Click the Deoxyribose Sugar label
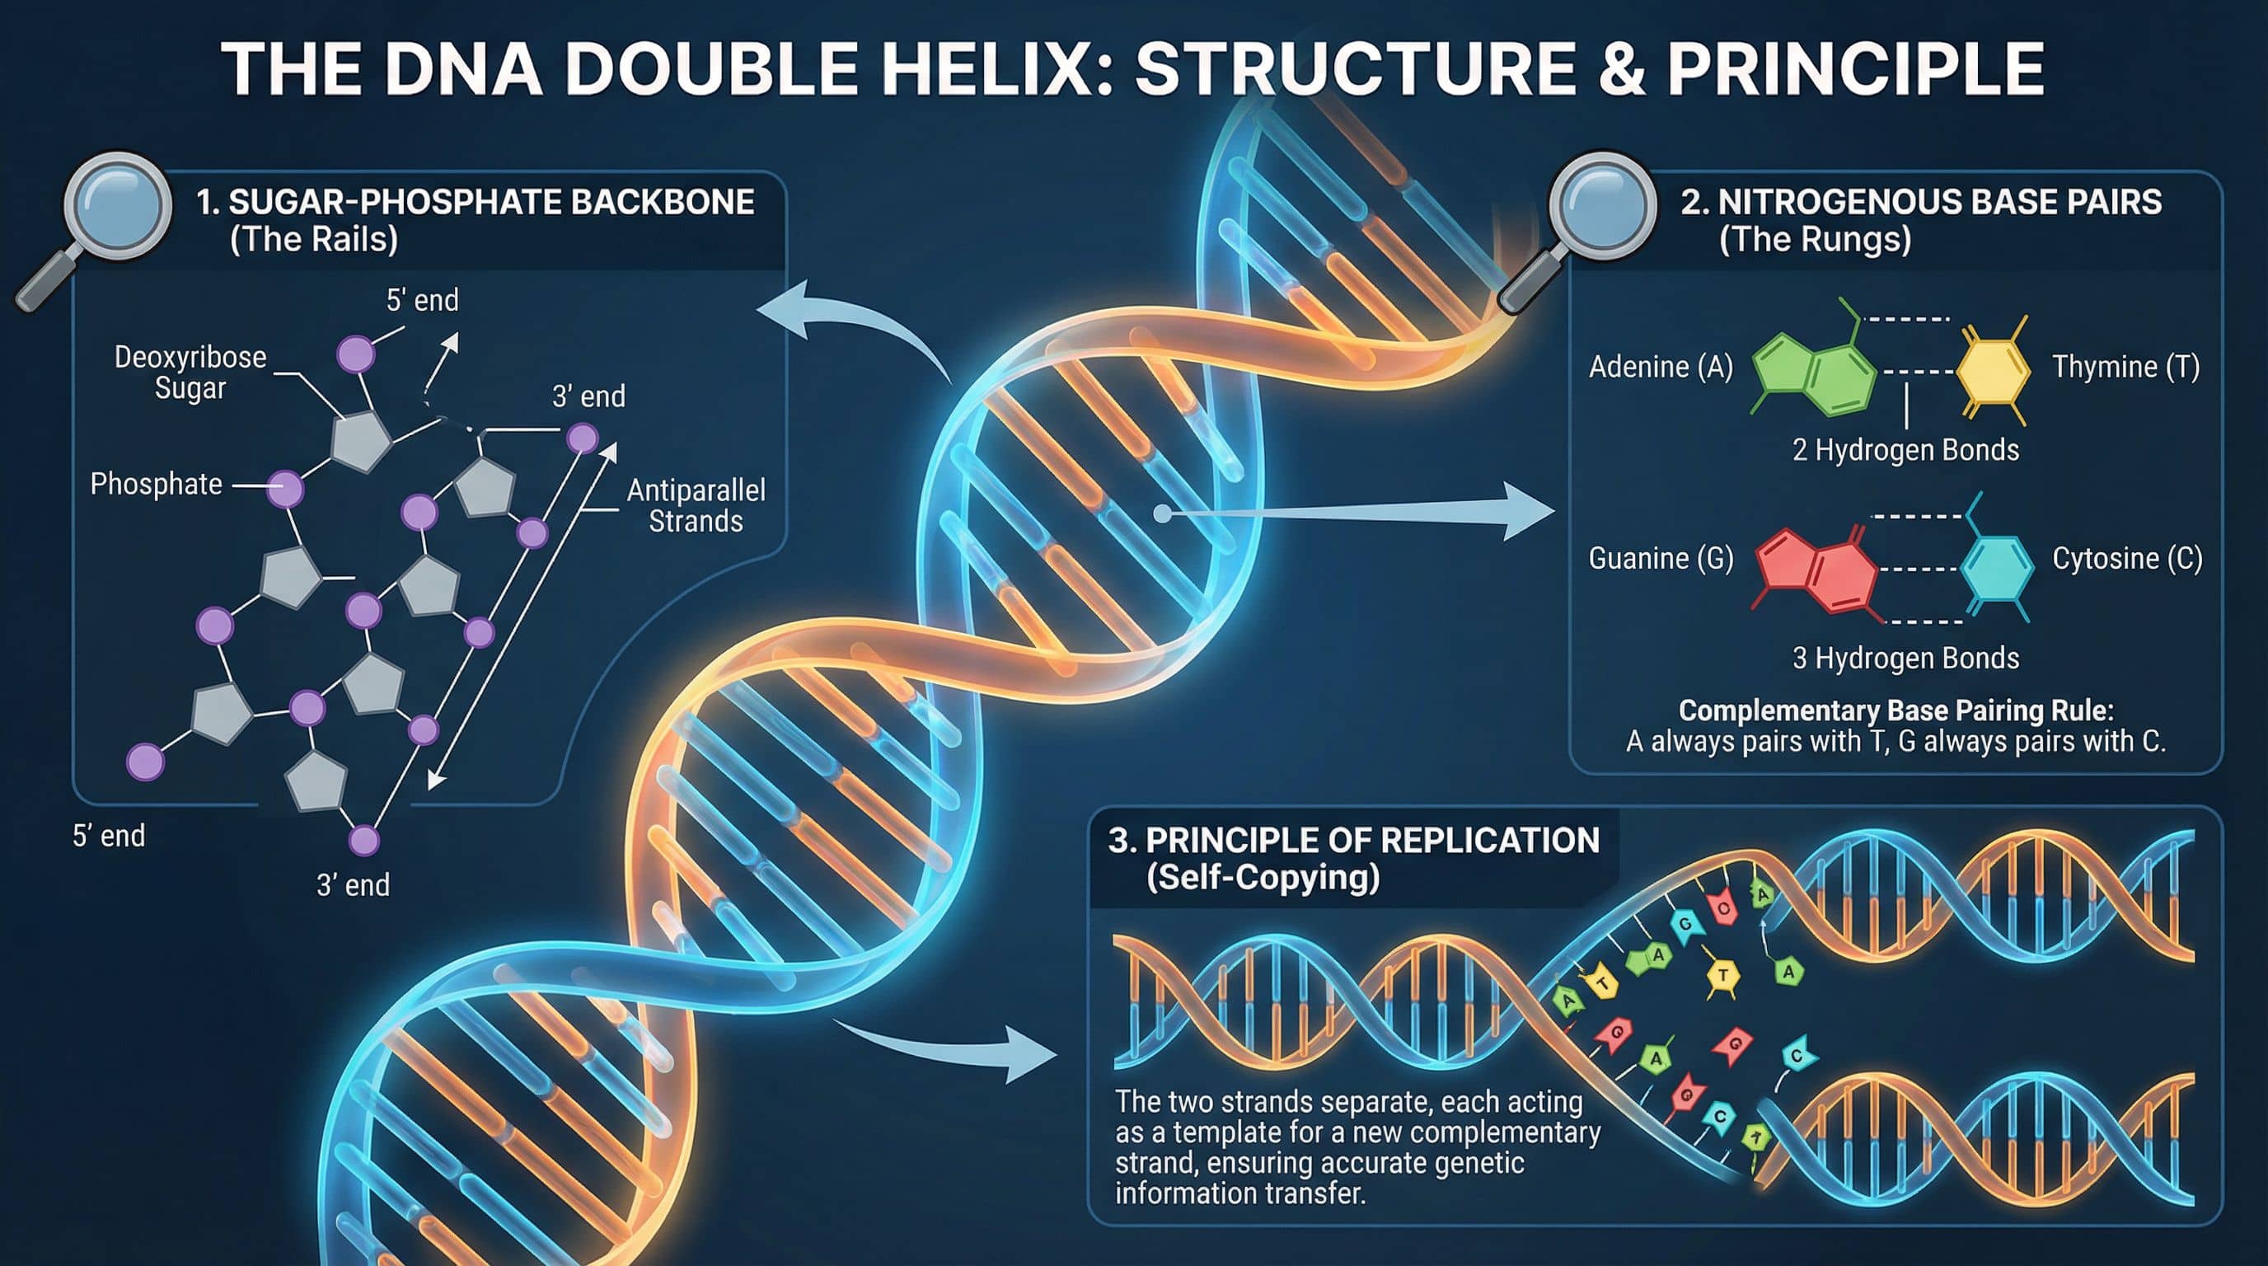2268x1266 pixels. [190, 373]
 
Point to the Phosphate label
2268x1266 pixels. [156, 484]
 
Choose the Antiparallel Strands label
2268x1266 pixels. [696, 505]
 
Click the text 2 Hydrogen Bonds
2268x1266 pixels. [1905, 450]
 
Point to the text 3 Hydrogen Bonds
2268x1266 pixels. [1905, 658]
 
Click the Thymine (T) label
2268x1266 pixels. [2125, 366]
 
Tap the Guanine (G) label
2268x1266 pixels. [1661, 558]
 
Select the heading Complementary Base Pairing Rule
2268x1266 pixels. [1895, 710]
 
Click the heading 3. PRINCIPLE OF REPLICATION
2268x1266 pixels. [1354, 840]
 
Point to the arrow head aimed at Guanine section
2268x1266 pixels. [1530, 512]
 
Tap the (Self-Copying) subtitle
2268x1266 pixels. [1263, 878]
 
